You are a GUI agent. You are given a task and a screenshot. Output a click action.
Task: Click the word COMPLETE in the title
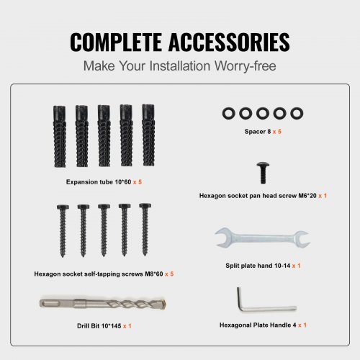116,42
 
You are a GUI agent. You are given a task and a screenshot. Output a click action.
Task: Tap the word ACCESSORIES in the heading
229,42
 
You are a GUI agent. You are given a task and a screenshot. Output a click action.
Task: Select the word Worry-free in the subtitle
245,66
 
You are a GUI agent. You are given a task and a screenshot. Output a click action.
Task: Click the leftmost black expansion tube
60,136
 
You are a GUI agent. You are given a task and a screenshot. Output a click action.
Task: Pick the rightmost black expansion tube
148,135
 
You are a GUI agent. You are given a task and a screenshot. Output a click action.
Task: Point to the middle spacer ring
263,113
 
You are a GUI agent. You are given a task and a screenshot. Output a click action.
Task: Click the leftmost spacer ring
229,113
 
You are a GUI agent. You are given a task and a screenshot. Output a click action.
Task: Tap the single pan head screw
263,173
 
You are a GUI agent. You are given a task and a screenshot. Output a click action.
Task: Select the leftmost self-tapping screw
63,230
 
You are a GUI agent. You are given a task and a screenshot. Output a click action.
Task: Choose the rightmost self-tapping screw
145,230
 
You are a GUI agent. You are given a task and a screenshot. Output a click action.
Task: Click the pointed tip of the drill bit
166,304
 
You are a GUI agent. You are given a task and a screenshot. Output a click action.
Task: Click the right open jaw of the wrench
302,238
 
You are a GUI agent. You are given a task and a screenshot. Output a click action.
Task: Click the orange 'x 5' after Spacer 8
276,132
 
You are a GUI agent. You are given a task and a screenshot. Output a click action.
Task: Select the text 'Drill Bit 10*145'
99,326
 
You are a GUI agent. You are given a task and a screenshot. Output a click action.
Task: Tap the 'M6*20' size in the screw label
307,196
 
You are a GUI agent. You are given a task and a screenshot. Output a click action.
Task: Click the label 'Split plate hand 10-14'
258,266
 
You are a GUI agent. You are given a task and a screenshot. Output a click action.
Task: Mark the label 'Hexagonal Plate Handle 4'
258,325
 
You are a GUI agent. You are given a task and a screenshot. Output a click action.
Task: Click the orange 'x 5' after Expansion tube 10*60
138,182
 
